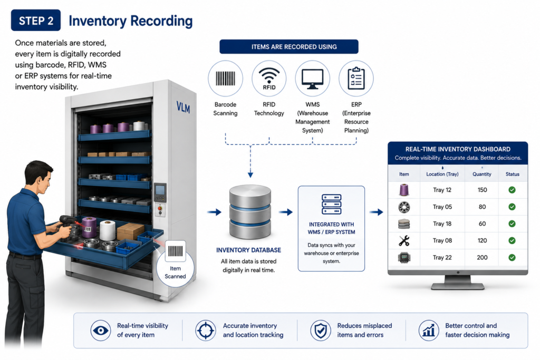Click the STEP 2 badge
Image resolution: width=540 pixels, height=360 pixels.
[x=36, y=21]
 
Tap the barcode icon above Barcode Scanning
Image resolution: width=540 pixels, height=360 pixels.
[x=225, y=79]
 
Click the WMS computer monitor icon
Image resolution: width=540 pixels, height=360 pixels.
[x=312, y=79]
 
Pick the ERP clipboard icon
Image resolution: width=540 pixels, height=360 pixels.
[x=356, y=79]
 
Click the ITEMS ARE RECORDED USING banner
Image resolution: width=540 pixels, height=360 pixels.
[x=289, y=47]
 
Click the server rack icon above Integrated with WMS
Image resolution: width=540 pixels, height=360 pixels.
[x=331, y=205]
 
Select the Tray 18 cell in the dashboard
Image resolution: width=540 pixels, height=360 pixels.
[x=442, y=223]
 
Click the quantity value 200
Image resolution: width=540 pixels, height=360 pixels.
[x=482, y=257]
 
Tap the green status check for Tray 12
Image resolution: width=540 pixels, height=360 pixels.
[x=512, y=190]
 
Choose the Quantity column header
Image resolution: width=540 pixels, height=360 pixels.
[x=482, y=174]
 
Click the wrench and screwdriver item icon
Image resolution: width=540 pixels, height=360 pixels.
[x=404, y=241]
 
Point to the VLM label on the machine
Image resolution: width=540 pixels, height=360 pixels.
[x=183, y=108]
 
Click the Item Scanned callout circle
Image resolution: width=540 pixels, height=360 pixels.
[x=175, y=264]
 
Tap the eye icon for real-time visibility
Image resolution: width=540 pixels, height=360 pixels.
[x=101, y=330]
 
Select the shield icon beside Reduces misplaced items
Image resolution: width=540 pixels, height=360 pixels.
[x=321, y=330]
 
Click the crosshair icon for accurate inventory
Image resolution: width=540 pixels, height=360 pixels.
[x=206, y=330]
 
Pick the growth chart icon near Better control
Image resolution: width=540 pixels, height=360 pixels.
[x=429, y=330]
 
